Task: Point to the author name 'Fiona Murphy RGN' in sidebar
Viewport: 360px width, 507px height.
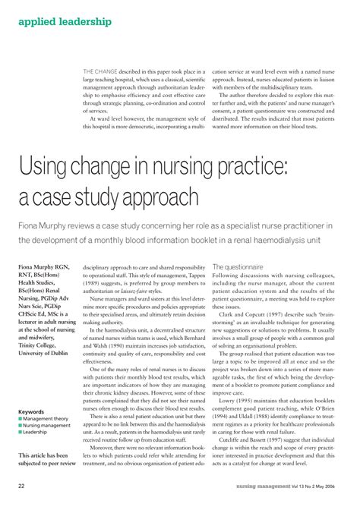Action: tap(48, 269)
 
